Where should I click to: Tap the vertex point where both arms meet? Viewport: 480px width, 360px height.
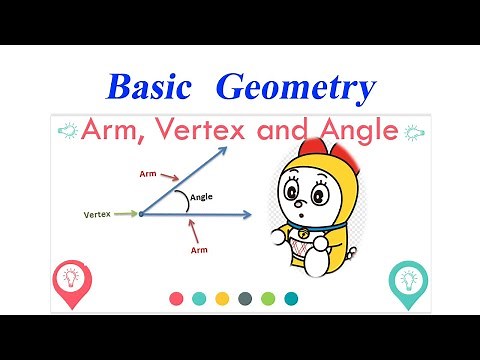[x=141, y=213]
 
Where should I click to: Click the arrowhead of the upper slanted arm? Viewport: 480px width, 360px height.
[x=222, y=150]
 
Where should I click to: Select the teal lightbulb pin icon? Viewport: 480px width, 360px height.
[x=409, y=280]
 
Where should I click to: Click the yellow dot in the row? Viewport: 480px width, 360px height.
[x=222, y=298]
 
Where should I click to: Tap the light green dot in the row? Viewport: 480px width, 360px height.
[x=267, y=298]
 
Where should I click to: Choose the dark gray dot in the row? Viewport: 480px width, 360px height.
[x=245, y=298]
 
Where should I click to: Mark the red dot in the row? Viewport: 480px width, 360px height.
[x=177, y=298]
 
